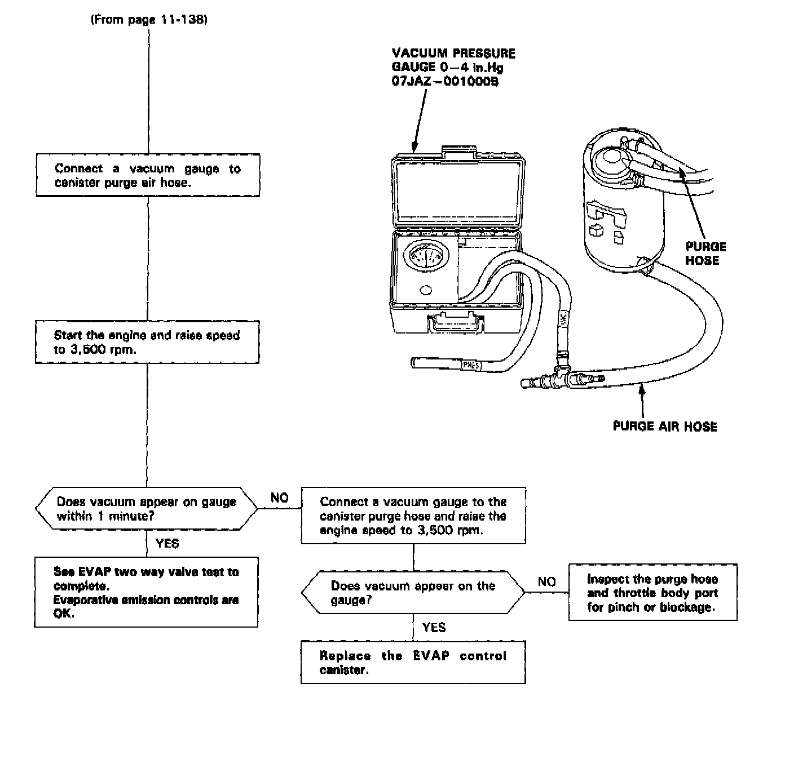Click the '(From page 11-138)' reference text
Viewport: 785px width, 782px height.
pyautogui.click(x=149, y=20)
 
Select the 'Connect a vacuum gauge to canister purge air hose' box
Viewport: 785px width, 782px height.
pyautogui.click(x=148, y=175)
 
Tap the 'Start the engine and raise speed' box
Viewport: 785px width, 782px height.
pyautogui.click(x=147, y=342)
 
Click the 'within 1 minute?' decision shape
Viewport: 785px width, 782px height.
pyautogui.click(x=147, y=509)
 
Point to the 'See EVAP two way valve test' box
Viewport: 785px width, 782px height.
pyautogui.click(x=146, y=592)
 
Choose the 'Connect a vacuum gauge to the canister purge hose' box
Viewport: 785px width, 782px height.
pyautogui.click(x=413, y=516)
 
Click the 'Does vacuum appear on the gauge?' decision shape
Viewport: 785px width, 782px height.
pyautogui.click(x=413, y=593)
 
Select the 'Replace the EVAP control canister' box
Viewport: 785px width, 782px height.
pyautogui.click(x=413, y=663)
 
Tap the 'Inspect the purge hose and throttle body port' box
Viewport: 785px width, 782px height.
pyautogui.click(x=652, y=593)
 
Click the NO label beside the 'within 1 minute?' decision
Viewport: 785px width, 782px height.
pyautogui.click(x=280, y=497)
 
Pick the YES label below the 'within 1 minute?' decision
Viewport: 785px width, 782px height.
pyautogui.click(x=167, y=544)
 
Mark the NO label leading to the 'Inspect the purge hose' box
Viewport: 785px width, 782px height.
pyautogui.click(x=546, y=581)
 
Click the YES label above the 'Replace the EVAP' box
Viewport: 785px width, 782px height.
pyautogui.click(x=434, y=628)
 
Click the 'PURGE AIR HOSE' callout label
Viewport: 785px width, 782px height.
pyautogui.click(x=665, y=426)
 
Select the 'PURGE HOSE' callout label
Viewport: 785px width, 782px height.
pyautogui.click(x=705, y=254)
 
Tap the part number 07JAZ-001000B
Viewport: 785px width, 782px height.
pyautogui.click(x=445, y=81)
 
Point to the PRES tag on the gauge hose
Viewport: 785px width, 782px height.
pyautogui.click(x=470, y=365)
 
